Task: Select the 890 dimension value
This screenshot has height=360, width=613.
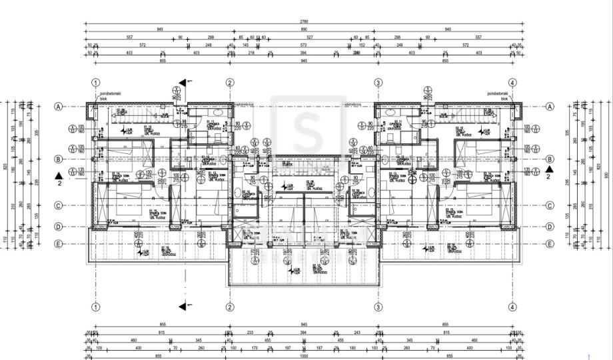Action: [x=304, y=29]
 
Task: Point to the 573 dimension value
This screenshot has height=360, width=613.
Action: [x=303, y=45]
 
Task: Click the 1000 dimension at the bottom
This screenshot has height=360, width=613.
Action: [x=304, y=355]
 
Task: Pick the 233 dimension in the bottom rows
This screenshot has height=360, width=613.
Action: [x=250, y=332]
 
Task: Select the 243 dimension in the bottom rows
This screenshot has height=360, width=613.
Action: [x=356, y=332]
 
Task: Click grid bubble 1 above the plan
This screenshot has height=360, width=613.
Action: [x=96, y=83]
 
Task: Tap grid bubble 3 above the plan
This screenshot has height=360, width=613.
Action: [x=378, y=83]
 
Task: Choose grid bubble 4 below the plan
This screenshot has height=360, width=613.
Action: [x=512, y=307]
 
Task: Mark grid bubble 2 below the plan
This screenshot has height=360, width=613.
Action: [x=230, y=307]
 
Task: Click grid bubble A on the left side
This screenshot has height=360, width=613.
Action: [x=59, y=107]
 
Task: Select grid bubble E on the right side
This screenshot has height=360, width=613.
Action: [x=550, y=243]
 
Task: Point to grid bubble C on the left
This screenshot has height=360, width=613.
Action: [x=59, y=205]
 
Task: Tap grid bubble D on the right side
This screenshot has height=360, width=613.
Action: [x=550, y=227]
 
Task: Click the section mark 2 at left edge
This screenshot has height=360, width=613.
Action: [x=59, y=179]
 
